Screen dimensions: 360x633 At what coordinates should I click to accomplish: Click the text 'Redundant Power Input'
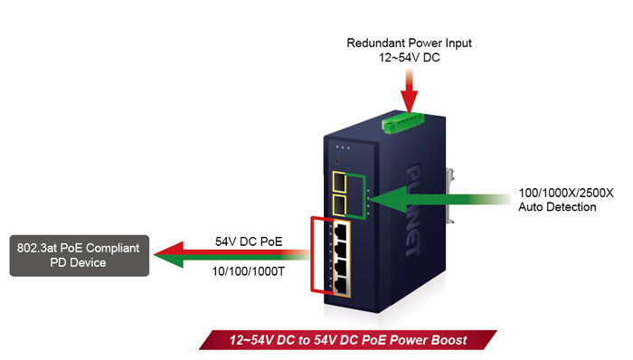tap(410, 43)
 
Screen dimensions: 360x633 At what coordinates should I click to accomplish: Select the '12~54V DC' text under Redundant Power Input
tap(410, 57)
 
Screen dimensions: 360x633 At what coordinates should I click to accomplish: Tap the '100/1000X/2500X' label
tap(566, 193)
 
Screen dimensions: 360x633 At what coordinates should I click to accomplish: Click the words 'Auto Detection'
tap(557, 207)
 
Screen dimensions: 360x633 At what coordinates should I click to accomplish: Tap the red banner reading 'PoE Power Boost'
tap(348, 340)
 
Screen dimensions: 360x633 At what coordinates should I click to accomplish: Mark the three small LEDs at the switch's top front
tap(341, 147)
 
